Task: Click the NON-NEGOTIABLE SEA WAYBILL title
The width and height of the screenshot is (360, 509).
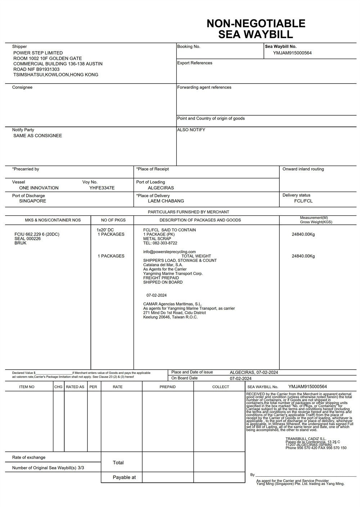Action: pyautogui.click(x=256, y=29)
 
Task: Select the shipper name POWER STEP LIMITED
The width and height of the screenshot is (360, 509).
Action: pyautogui.click(x=38, y=53)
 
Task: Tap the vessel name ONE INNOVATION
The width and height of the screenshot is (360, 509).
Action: pyautogui.click(x=39, y=188)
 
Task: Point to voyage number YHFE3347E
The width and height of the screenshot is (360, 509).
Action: pyautogui.click(x=102, y=188)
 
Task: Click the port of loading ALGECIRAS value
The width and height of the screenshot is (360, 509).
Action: pyautogui.click(x=161, y=188)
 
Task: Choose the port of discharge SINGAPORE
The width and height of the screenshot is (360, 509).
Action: pyautogui.click(x=33, y=201)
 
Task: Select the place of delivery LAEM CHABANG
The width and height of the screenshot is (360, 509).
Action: pyautogui.click(x=166, y=201)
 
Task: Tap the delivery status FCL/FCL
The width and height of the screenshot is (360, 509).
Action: pyautogui.click(x=303, y=201)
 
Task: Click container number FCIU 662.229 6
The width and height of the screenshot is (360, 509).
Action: pyautogui.click(x=37, y=235)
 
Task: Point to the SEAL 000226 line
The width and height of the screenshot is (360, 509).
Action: pyautogui.click(x=27, y=239)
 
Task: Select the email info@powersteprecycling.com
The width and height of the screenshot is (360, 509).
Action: pyautogui.click(x=169, y=252)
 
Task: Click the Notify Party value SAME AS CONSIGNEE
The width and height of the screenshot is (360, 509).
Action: pyautogui.click(x=37, y=136)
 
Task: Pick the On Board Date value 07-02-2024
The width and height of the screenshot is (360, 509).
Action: pyautogui.click(x=240, y=379)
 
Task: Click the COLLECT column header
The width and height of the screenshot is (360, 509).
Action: pyautogui.click(x=220, y=387)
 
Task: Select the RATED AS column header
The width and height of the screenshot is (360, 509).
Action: pyautogui.click(x=75, y=387)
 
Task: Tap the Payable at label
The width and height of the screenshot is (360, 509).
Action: pyautogui.click(x=124, y=478)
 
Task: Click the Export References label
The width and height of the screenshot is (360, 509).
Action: pyautogui.click(x=194, y=63)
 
